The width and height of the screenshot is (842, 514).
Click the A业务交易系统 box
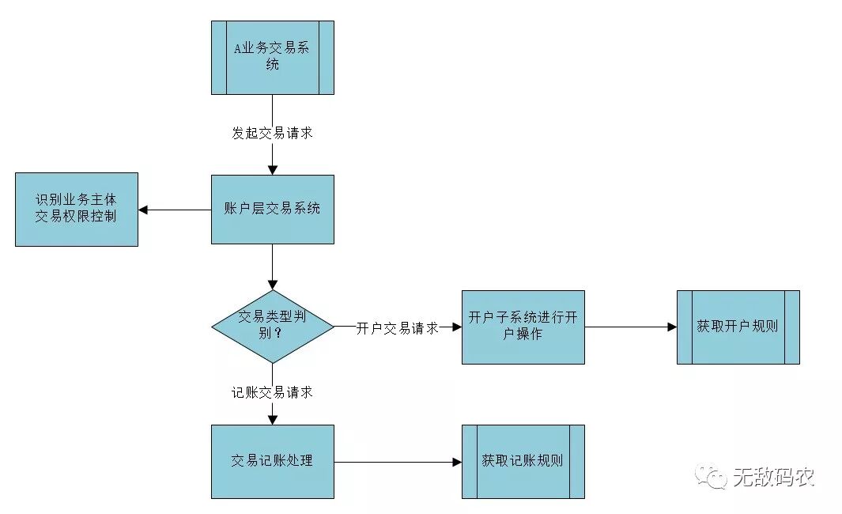(x=272, y=58)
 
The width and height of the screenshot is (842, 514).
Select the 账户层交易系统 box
(x=272, y=209)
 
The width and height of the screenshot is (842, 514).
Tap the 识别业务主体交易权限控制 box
(x=76, y=209)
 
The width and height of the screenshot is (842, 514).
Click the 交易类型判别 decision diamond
(x=272, y=327)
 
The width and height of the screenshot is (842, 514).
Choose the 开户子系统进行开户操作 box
(x=523, y=327)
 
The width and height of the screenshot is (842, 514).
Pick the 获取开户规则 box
(x=738, y=327)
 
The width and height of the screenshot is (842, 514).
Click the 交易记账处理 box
(x=272, y=461)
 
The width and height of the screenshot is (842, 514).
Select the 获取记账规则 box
(x=523, y=461)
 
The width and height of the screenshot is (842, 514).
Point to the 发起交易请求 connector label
(x=272, y=133)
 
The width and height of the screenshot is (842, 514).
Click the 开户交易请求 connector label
(x=397, y=327)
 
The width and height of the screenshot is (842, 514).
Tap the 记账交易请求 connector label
(x=272, y=392)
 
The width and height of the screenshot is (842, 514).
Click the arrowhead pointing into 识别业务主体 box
(x=144, y=210)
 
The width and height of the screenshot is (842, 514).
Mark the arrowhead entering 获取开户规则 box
(x=672, y=327)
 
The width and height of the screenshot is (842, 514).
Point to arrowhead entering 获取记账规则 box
(x=457, y=462)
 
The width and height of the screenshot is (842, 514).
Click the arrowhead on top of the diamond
(x=272, y=285)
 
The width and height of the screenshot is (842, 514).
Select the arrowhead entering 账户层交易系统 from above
(x=272, y=170)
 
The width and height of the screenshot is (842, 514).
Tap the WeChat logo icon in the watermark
(x=710, y=476)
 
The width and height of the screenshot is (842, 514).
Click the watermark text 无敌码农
(x=772, y=476)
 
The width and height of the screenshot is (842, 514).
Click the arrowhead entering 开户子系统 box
(x=457, y=327)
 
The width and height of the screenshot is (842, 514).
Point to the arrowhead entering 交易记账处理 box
(x=272, y=419)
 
